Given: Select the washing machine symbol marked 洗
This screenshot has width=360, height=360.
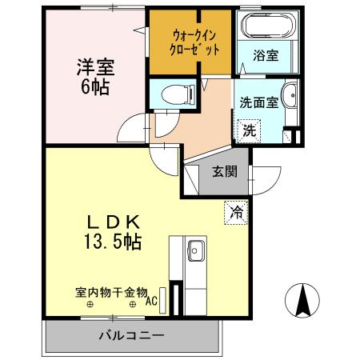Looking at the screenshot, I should click(248, 130).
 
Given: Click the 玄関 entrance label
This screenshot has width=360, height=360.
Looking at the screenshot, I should click(223, 170).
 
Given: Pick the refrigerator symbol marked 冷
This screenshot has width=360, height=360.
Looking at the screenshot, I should click(236, 212).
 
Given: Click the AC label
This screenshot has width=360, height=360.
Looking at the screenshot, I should click(151, 302).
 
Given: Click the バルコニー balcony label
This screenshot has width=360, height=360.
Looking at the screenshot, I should click(131, 334).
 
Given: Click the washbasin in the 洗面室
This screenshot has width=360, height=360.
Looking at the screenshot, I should click(290, 95).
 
